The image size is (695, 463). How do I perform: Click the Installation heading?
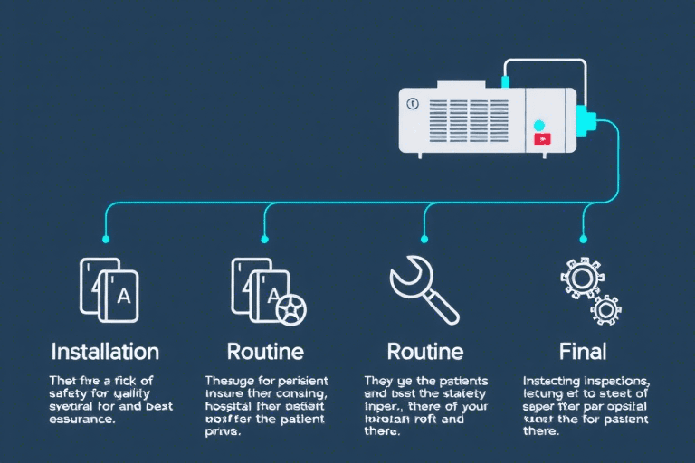click(105, 351)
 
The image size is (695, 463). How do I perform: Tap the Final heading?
click(583, 351)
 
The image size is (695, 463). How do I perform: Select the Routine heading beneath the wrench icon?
click(424, 351)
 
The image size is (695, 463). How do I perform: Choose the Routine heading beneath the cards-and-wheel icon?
click(265, 351)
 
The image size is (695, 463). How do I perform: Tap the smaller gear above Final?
click(605, 309)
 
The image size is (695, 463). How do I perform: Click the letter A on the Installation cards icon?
click(125, 294)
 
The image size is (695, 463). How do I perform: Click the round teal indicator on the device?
click(540, 125)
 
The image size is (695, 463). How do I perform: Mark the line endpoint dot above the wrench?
click(424, 240)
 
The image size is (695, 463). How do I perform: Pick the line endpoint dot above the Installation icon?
click(106, 240)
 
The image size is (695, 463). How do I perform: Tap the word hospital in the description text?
click(231, 407)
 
